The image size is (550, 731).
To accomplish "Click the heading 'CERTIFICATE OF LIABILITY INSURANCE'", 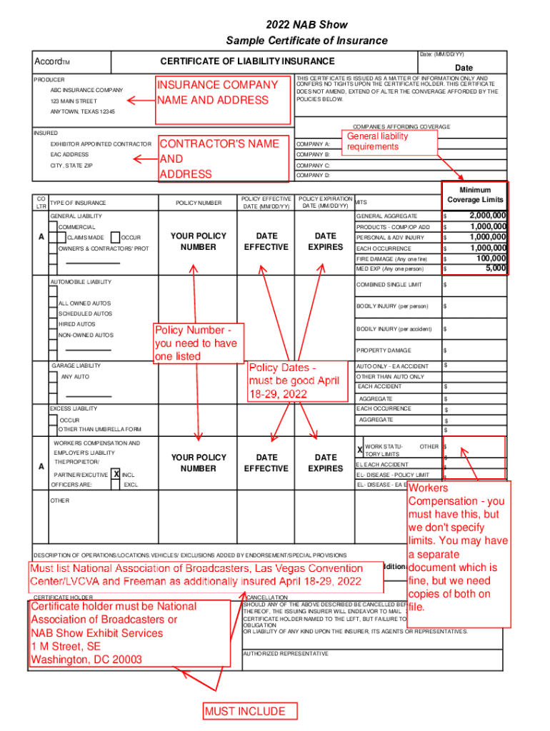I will [247, 61].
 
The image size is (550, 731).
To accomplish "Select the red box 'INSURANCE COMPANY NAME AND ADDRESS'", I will [217, 93].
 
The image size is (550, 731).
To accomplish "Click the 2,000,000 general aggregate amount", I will [487, 216].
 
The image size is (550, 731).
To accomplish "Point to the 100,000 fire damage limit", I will [491, 258].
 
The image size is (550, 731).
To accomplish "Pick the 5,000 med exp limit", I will [496, 268].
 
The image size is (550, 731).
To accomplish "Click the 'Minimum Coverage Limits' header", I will [475, 195].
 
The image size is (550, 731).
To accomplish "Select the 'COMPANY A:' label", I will [313, 144].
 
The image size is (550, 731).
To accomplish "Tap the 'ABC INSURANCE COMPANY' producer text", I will [86, 91].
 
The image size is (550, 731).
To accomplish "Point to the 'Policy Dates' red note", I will [294, 380].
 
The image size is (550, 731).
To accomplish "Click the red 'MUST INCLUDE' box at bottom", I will [245, 711].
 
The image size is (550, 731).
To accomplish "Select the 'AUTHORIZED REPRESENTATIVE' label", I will [285, 653].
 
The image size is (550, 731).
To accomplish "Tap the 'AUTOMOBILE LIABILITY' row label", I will [80, 282].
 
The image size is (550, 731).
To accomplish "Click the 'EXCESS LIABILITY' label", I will [74, 409].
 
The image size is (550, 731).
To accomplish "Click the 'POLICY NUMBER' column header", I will [198, 203].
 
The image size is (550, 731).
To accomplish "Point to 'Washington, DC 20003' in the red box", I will [86, 660].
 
